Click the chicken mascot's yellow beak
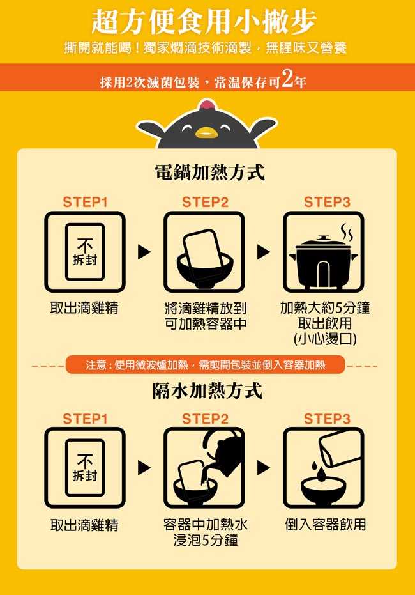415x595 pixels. point(207,133)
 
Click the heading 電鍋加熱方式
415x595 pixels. point(209,172)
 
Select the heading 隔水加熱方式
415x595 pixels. point(207,391)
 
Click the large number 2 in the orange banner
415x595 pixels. point(288,79)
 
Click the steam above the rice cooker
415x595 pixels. point(347,233)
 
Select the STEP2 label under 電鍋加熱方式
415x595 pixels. point(205,202)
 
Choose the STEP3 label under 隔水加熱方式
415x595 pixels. point(327,419)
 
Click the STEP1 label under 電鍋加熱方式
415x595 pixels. point(85,202)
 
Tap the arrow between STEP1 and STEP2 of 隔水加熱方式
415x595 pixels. point(144,468)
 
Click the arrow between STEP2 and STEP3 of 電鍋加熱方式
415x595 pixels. point(264,252)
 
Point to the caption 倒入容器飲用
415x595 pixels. point(326,525)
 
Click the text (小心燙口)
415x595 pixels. point(325,339)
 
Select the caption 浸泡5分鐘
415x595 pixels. point(206,540)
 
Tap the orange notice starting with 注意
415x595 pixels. point(205,365)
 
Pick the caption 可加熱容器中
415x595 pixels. point(206,323)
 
